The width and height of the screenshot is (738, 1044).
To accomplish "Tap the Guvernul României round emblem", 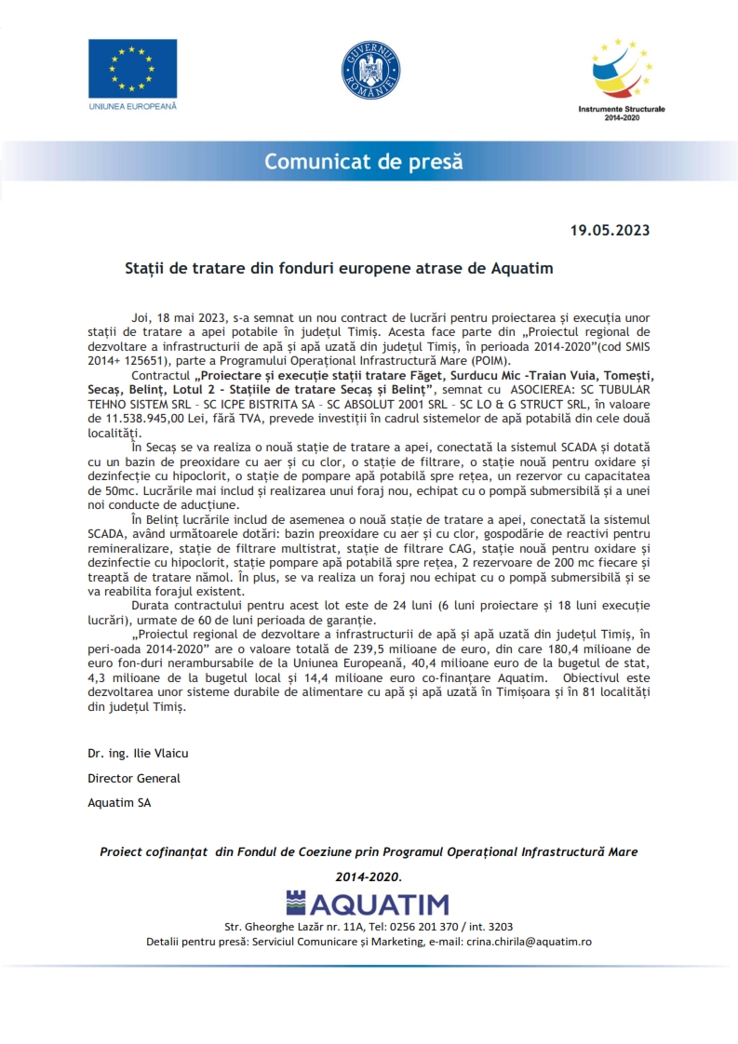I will pyautogui.click(x=369, y=72).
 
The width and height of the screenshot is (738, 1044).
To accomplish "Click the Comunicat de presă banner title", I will pyautogui.click(x=363, y=161).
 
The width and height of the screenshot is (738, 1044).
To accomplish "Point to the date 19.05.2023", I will pyautogui.click(x=610, y=231).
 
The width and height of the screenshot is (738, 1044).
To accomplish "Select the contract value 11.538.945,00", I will pyautogui.click(x=133, y=421).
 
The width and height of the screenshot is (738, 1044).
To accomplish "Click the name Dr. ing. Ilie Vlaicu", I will pyautogui.click(x=138, y=753).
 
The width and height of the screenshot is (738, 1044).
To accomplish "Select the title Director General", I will pyautogui.click(x=134, y=778).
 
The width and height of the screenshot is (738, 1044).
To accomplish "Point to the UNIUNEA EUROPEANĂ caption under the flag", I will pyautogui.click(x=132, y=107).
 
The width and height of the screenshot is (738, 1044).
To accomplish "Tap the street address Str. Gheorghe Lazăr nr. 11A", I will pyautogui.click(x=288, y=927).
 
